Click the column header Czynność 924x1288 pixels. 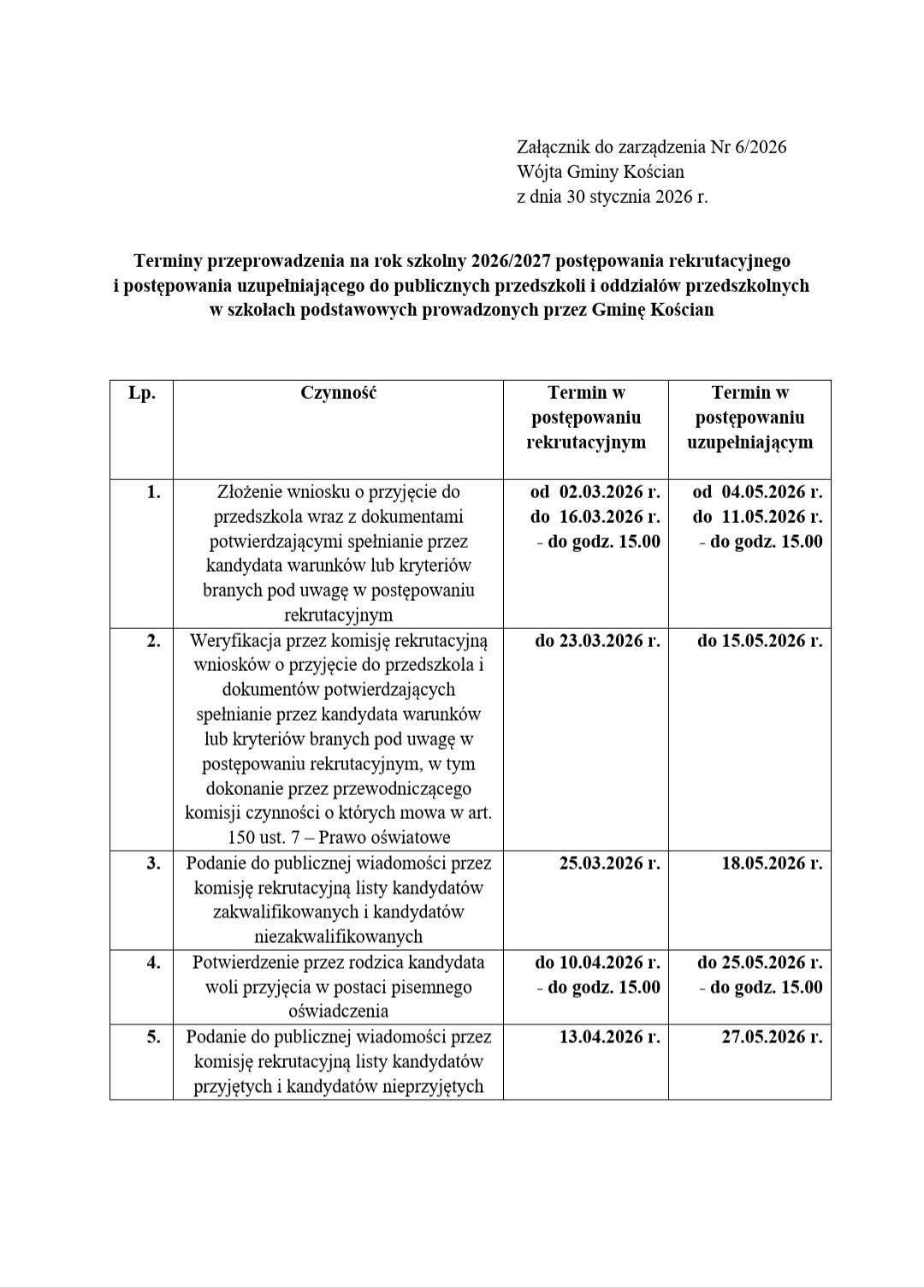338,393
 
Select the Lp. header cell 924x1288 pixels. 141,393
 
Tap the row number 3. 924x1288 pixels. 153,863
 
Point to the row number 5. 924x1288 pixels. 153,1036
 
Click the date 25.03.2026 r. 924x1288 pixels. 609,863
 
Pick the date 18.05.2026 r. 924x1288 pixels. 772,863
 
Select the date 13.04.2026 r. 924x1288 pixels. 609,1036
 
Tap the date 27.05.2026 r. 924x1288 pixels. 772,1036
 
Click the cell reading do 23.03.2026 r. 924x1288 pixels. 597,640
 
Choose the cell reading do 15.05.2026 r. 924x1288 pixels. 760,640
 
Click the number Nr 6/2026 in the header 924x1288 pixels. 749,147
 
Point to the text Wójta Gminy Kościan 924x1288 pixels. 601,172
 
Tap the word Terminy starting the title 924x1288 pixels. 165,260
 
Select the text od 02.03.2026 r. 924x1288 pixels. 595,491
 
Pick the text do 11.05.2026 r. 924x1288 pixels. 758,516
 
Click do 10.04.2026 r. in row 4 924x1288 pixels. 597,962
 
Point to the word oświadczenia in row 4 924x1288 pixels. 338,1011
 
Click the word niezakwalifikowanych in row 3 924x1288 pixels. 338,936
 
